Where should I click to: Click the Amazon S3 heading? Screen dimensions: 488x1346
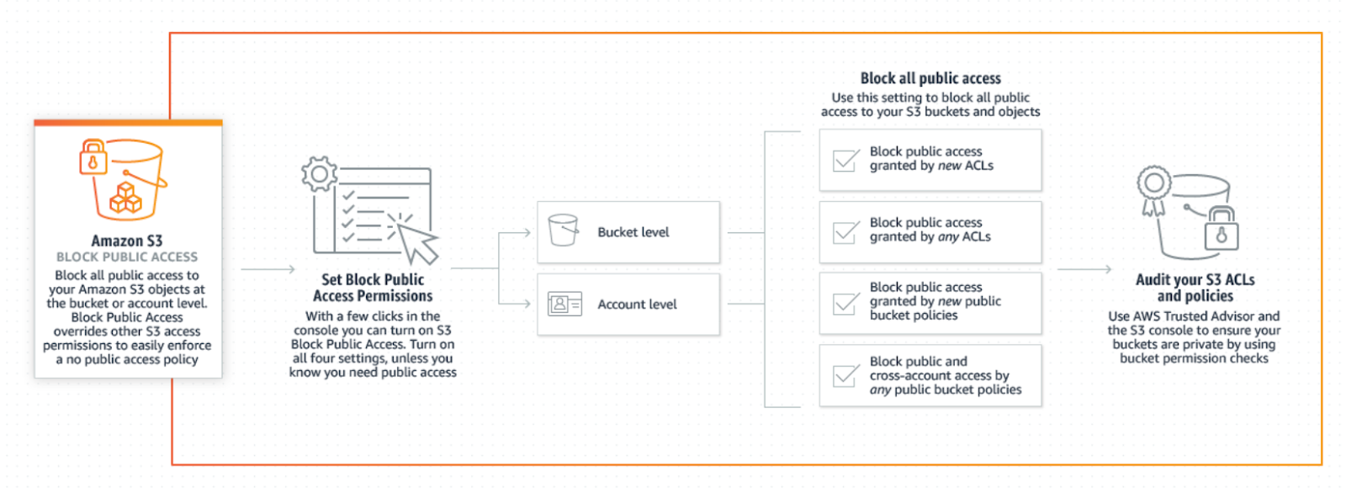[127, 241]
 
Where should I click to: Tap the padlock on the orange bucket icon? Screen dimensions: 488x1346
[93, 159]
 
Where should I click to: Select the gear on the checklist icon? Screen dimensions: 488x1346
[319, 174]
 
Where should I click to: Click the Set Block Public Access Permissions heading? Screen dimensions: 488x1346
[373, 288]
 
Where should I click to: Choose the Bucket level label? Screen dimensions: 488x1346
[633, 232]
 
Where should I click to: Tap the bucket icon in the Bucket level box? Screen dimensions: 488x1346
[562, 230]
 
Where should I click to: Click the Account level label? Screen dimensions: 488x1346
[637, 305]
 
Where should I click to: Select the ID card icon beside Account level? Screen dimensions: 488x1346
[564, 304]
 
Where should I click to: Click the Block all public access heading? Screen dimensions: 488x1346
[930, 78]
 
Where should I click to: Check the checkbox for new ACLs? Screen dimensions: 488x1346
[845, 160]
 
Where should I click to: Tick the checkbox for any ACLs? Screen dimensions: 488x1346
[845, 231]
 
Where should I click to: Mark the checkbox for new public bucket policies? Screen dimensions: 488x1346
[845, 303]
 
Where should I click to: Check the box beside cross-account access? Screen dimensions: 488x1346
[845, 375]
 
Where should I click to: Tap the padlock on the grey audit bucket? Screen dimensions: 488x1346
[1221, 229]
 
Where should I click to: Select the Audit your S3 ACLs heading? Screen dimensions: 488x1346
[1195, 288]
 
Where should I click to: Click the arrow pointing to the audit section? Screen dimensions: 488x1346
[1084, 269]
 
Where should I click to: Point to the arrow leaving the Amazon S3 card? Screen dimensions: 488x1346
[268, 269]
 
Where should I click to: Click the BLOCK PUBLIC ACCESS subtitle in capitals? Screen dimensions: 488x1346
[127, 257]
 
